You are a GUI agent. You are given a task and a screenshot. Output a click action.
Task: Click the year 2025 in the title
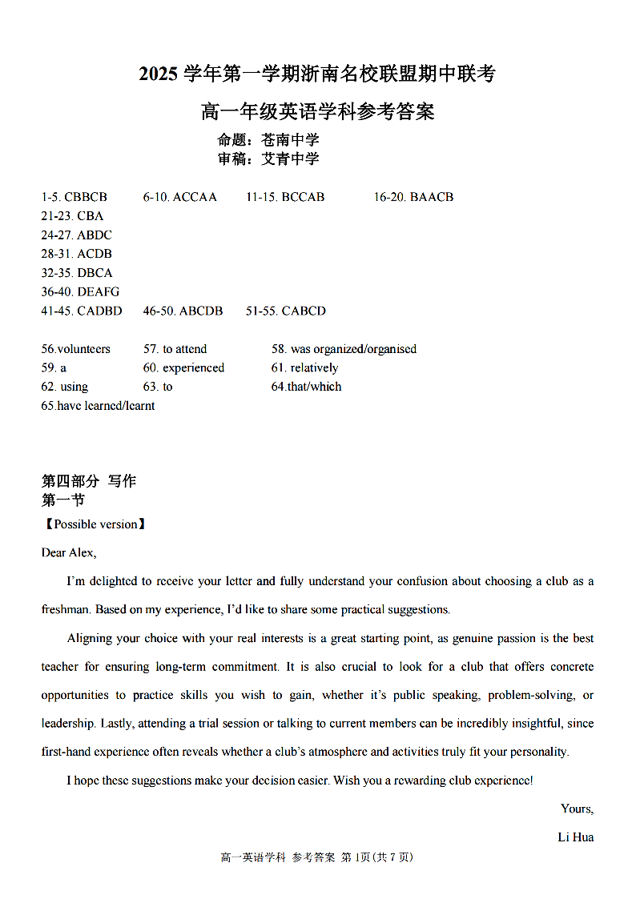pos(159,74)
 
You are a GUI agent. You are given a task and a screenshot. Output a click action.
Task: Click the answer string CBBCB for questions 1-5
pos(86,197)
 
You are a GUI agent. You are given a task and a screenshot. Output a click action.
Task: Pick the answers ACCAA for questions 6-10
pos(195,197)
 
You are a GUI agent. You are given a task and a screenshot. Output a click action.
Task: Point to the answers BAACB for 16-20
pos(432,197)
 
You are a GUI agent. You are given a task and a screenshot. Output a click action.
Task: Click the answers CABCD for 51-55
pos(304,311)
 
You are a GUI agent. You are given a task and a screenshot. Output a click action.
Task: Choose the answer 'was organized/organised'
pos(353,349)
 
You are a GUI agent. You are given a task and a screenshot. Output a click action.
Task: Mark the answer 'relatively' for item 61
pos(314,368)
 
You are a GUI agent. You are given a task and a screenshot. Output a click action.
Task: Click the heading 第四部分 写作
pos(89,481)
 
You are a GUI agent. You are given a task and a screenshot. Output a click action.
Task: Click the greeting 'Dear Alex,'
pos(69,552)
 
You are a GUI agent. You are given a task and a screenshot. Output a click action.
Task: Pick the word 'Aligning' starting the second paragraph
pos(90,639)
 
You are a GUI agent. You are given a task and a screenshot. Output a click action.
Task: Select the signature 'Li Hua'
pos(575,837)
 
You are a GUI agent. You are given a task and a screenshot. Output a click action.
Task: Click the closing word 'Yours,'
pos(577,809)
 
